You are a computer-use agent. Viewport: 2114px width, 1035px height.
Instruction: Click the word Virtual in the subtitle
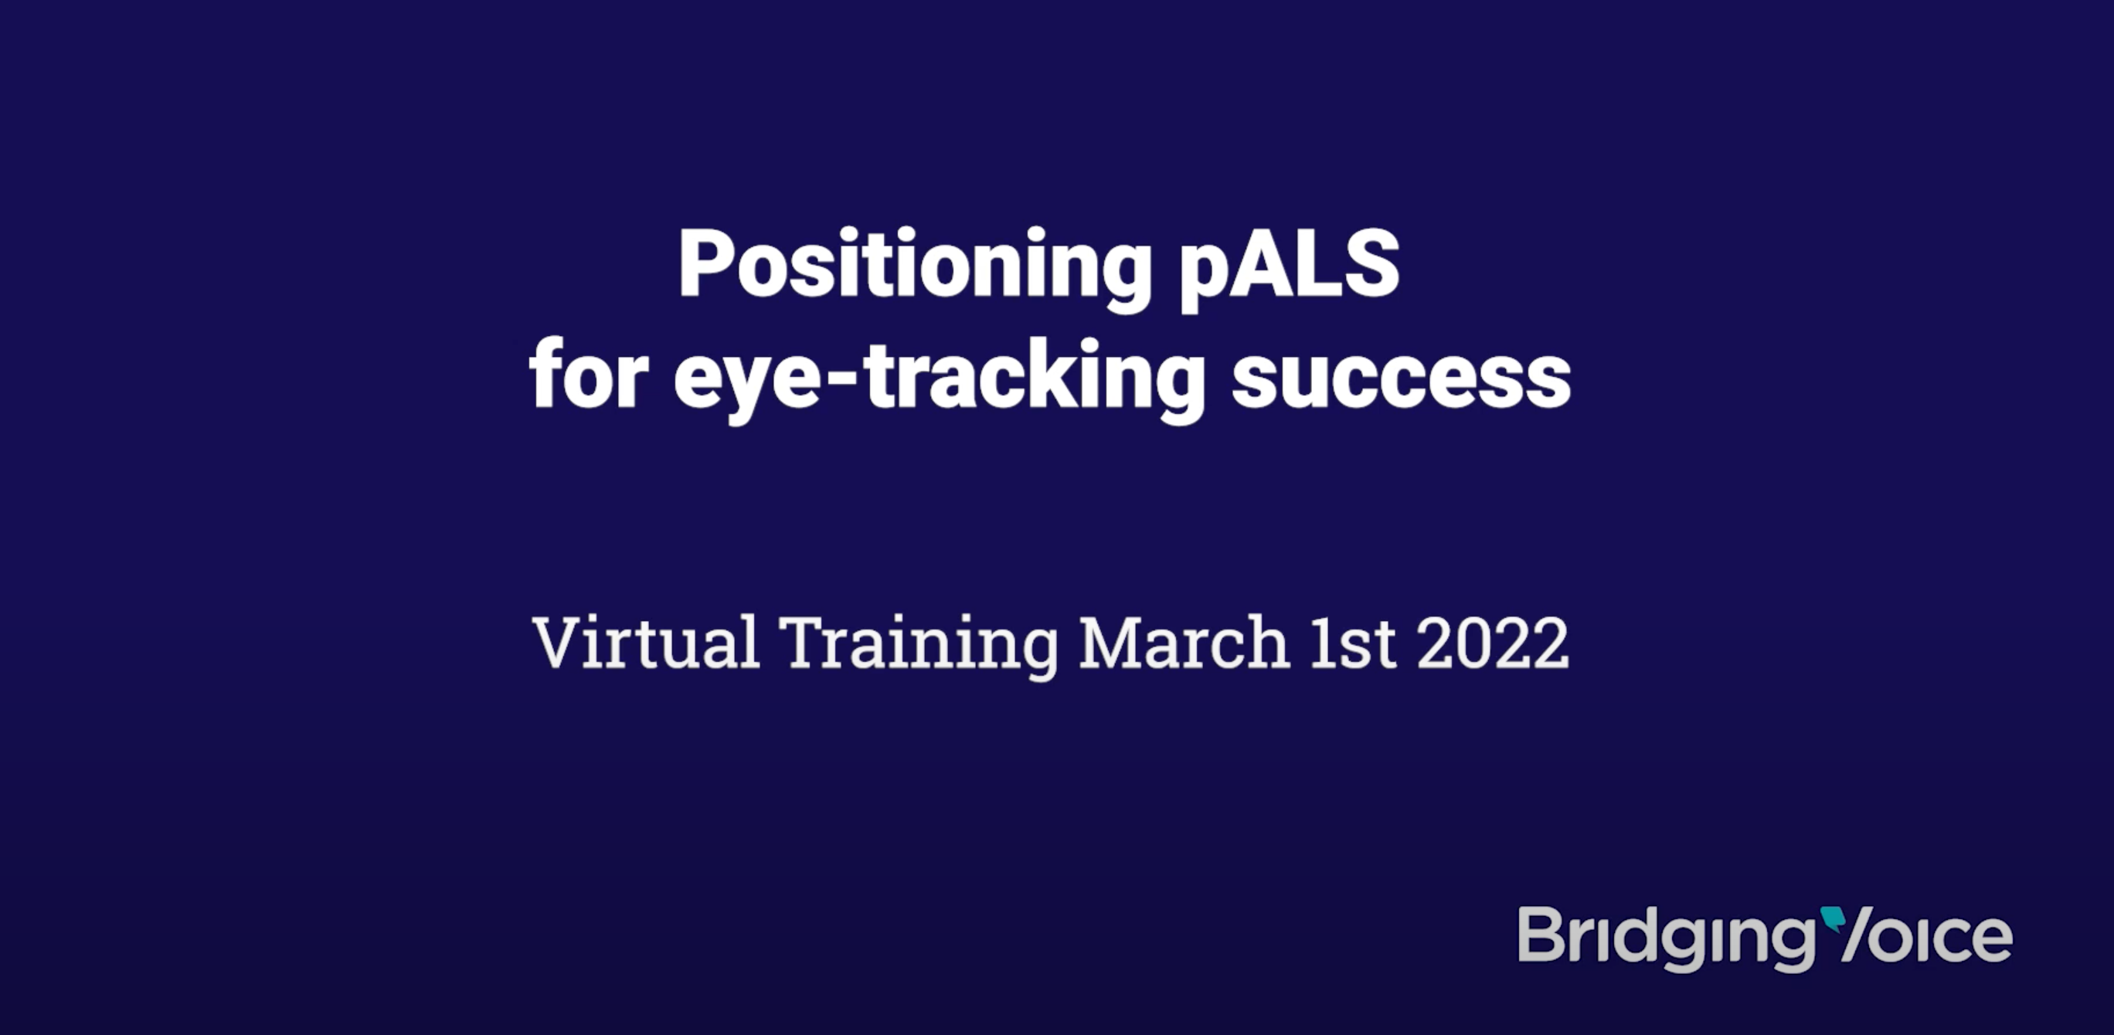tap(646, 641)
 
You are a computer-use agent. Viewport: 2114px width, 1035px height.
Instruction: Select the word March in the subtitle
tap(1184, 641)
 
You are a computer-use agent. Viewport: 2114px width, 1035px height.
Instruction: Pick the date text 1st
tap(1352, 642)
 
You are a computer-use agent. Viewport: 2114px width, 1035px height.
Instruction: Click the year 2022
tap(1493, 642)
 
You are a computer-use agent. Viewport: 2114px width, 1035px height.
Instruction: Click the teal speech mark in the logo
tap(1833, 919)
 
